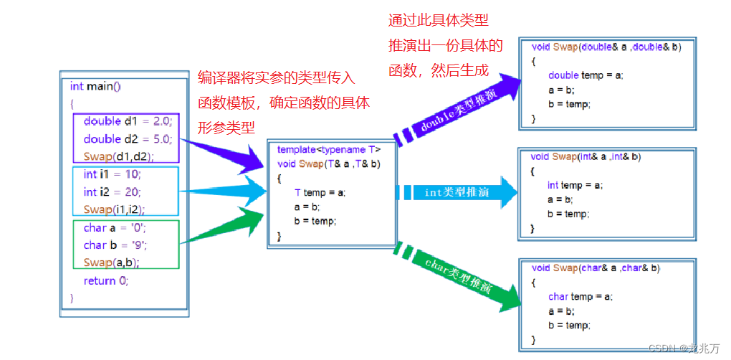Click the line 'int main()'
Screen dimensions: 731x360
coord(95,86)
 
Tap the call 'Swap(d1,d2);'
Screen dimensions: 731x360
coord(118,156)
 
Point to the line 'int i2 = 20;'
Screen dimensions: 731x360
coord(112,191)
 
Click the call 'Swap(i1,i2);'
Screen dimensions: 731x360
coord(114,209)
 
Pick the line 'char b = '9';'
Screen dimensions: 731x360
coord(115,245)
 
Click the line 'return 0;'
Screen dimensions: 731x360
coord(105,280)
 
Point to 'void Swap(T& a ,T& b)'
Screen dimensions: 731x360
coord(328,163)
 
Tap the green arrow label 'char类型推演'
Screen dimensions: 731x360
coord(457,274)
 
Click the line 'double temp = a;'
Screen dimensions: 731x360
coord(586,75)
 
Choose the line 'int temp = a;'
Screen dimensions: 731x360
coord(575,185)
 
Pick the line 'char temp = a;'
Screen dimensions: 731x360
coord(580,296)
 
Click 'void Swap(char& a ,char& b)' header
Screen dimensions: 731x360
coord(596,267)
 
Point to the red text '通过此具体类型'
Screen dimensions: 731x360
coord(438,19)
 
